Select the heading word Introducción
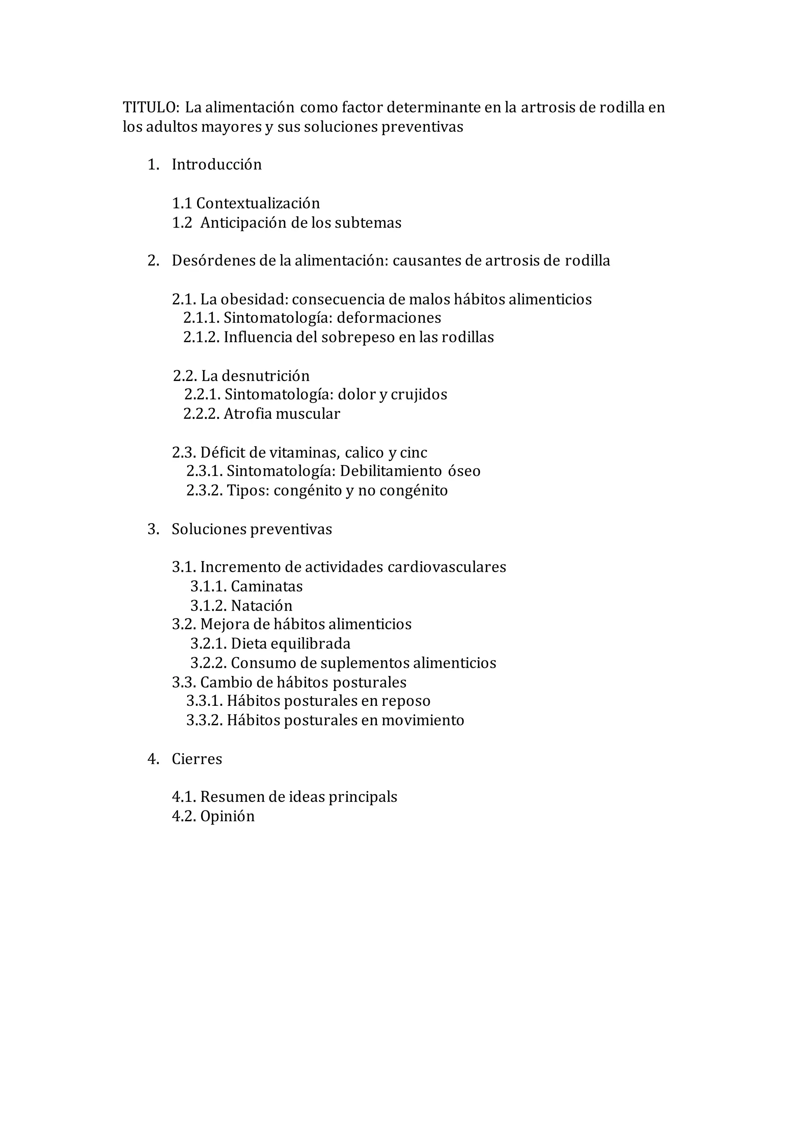(x=216, y=165)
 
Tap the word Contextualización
(x=258, y=204)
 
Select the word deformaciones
(x=389, y=319)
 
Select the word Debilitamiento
(x=391, y=471)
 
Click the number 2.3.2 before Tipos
(x=205, y=491)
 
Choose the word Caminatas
(x=267, y=586)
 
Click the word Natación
(x=262, y=606)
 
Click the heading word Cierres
(x=197, y=759)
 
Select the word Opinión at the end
(x=227, y=816)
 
